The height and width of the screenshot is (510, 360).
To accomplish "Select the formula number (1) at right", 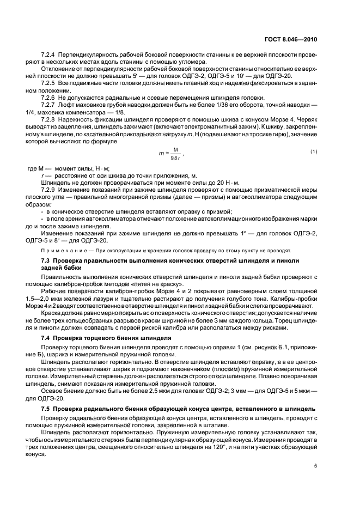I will coord(314,151).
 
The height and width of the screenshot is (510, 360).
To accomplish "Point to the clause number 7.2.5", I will coord(50,82).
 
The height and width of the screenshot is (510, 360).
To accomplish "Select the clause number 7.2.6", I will coord(50,98).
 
